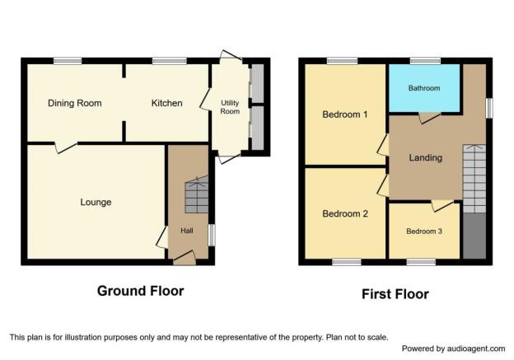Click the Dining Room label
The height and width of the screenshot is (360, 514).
pyautogui.click(x=75, y=103)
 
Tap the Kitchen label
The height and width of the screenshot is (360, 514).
pyautogui.click(x=167, y=103)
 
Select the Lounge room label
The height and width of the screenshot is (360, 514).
pyautogui.click(x=96, y=203)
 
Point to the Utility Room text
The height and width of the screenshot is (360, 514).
pyautogui.click(x=230, y=107)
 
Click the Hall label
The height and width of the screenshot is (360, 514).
pyautogui.click(x=187, y=231)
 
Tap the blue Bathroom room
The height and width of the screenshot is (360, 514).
pyautogui.click(x=424, y=88)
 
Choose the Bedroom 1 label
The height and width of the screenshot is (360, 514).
pyautogui.click(x=345, y=115)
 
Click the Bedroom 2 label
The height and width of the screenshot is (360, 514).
pyautogui.click(x=345, y=213)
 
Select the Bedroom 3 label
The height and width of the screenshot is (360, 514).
pyautogui.click(x=424, y=231)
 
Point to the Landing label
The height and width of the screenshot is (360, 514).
pyautogui.click(x=426, y=157)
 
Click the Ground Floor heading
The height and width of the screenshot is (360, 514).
pyautogui.click(x=141, y=291)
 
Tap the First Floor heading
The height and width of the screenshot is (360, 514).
pyautogui.click(x=395, y=294)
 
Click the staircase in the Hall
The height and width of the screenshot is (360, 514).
pyautogui.click(x=197, y=194)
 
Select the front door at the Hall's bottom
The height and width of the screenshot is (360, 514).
pyautogui.click(x=185, y=258)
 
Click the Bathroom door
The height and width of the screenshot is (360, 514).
pyautogui.click(x=429, y=118)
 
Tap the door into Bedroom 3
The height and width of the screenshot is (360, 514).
pyautogui.click(x=442, y=206)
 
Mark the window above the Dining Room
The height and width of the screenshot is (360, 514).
pyautogui.click(x=68, y=61)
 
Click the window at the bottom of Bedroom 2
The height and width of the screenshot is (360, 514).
pyautogui.click(x=347, y=262)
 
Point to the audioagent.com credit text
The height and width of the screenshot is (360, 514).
pyautogui.click(x=454, y=348)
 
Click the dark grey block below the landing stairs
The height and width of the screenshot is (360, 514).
pyautogui.click(x=474, y=236)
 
